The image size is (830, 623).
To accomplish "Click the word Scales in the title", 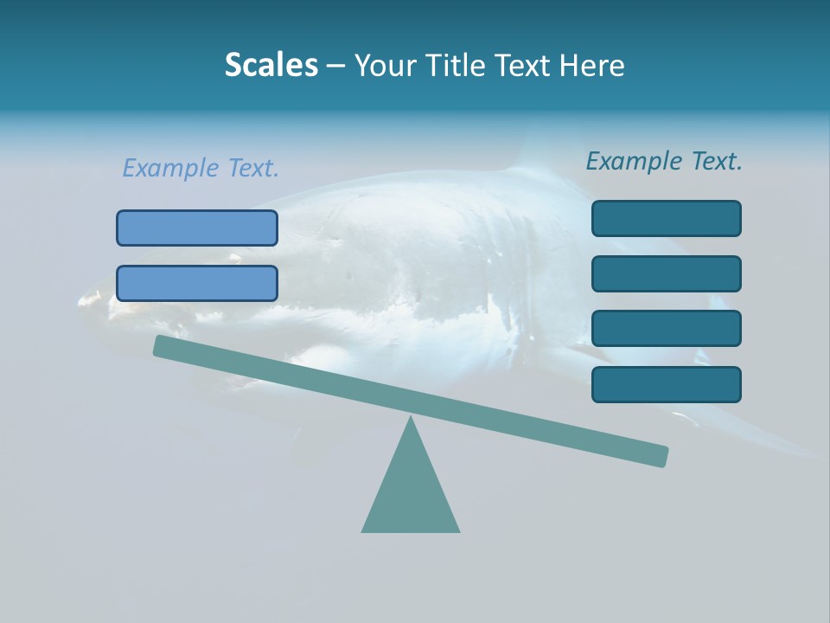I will click(x=271, y=65).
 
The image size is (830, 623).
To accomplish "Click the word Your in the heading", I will click(x=386, y=65).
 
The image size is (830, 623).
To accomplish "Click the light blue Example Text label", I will click(x=201, y=168).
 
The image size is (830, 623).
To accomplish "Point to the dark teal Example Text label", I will click(x=664, y=161).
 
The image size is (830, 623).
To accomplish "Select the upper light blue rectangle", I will click(x=197, y=228).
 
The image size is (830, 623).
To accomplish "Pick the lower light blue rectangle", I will click(x=197, y=283).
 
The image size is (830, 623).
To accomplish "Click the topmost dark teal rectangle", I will click(x=666, y=218).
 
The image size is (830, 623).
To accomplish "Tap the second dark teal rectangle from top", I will click(x=666, y=273).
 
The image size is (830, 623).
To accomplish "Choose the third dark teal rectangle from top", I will click(x=666, y=329).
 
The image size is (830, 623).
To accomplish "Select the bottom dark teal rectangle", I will click(x=666, y=384).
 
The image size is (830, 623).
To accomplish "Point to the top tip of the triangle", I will click(x=411, y=419).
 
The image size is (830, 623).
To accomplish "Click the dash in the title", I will click(x=336, y=66).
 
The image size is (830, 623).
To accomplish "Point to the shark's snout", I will click(x=86, y=299).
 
